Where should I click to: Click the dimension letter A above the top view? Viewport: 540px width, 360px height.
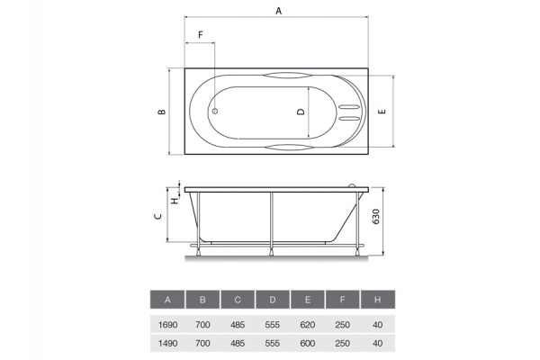(279, 11)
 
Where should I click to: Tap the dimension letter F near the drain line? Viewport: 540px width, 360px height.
(201, 35)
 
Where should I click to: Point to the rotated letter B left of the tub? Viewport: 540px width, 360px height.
(161, 112)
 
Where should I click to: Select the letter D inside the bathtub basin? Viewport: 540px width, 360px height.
(301, 112)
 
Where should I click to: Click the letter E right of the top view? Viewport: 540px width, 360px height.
(382, 112)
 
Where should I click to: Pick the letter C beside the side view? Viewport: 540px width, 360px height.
(158, 216)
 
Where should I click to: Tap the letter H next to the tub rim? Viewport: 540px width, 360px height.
(175, 200)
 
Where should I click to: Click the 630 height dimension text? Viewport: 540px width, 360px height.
(375, 217)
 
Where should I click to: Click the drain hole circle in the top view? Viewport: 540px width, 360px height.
(214, 111)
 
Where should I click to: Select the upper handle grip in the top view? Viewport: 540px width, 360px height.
(284, 76)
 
